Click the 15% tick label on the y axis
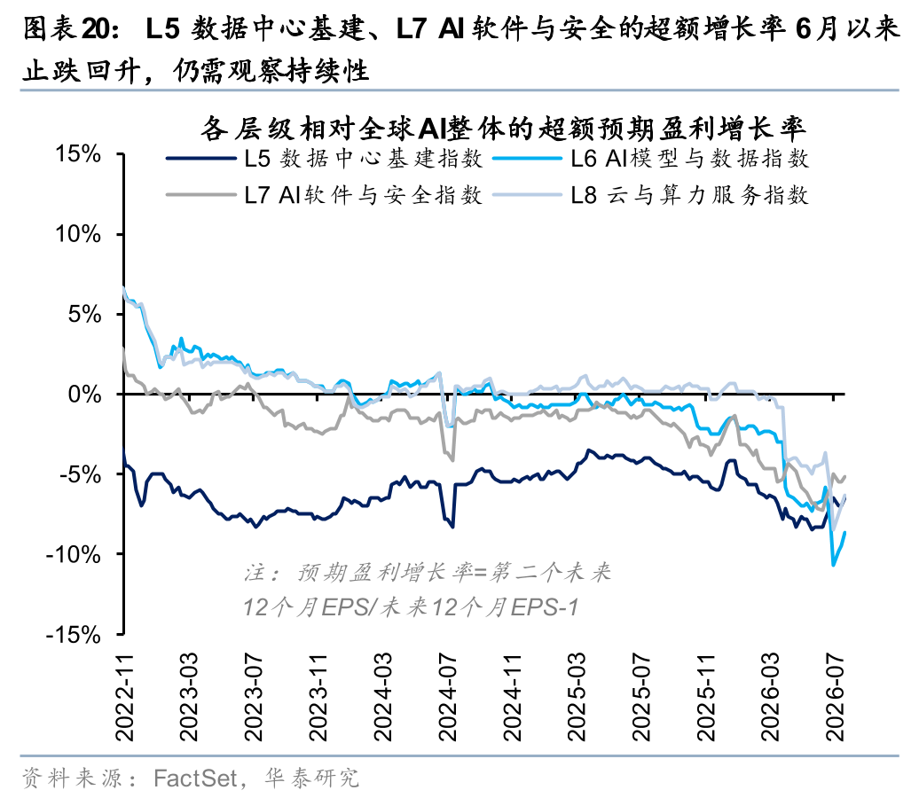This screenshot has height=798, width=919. [x=78, y=154]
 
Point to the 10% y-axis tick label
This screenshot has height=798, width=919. [x=78, y=234]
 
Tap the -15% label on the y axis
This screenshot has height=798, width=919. [x=74, y=635]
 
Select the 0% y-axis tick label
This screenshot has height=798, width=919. [x=85, y=395]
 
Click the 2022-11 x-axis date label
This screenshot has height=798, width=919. [x=124, y=697]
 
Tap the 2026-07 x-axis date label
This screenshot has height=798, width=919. [x=834, y=697]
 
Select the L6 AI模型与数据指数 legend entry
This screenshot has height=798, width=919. [x=650, y=158]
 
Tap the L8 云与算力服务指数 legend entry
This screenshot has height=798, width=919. [x=650, y=195]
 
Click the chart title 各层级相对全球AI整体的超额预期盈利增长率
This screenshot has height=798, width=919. [x=504, y=129]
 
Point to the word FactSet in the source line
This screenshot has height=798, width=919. [x=195, y=778]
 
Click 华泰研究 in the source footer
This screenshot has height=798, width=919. [x=312, y=778]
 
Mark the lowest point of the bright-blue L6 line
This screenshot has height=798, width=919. [x=834, y=565]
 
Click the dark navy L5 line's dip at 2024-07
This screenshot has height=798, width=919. [x=452, y=527]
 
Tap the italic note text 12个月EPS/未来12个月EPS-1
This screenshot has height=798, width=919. [x=411, y=607]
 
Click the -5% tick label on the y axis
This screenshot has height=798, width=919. [x=81, y=474]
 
